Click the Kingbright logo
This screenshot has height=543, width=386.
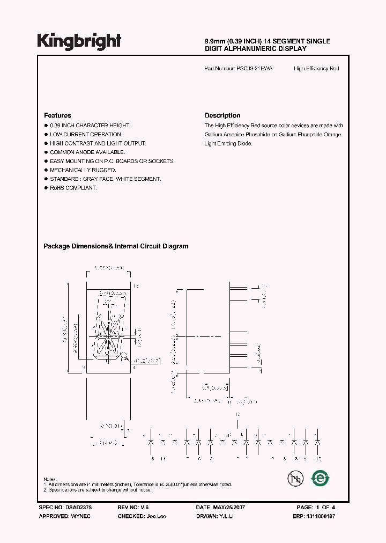(x=79, y=41)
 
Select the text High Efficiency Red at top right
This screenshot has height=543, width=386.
(x=316, y=69)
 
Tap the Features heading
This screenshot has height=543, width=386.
(x=57, y=115)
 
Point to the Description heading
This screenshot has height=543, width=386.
(x=222, y=115)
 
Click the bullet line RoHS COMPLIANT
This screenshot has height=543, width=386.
(x=73, y=188)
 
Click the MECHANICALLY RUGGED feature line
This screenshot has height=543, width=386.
(x=83, y=170)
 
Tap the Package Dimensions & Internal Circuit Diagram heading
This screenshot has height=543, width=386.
(x=116, y=246)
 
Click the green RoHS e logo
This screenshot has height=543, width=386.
(x=321, y=477)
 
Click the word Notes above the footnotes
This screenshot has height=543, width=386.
(x=50, y=479)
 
